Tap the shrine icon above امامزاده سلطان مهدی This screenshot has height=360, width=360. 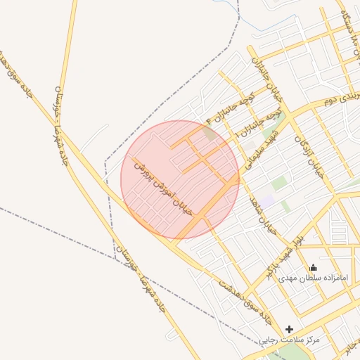[313, 267]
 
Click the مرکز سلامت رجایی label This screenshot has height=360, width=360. [289, 340]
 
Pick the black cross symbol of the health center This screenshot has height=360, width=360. [289, 329]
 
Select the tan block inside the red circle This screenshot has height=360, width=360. [210, 132]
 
